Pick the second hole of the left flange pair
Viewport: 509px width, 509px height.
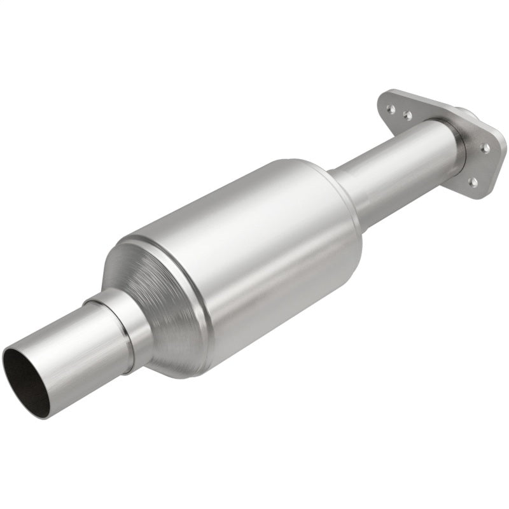click(x=407, y=115)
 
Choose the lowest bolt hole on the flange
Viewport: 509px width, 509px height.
click(x=472, y=182)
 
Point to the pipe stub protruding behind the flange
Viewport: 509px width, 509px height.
click(x=471, y=115)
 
